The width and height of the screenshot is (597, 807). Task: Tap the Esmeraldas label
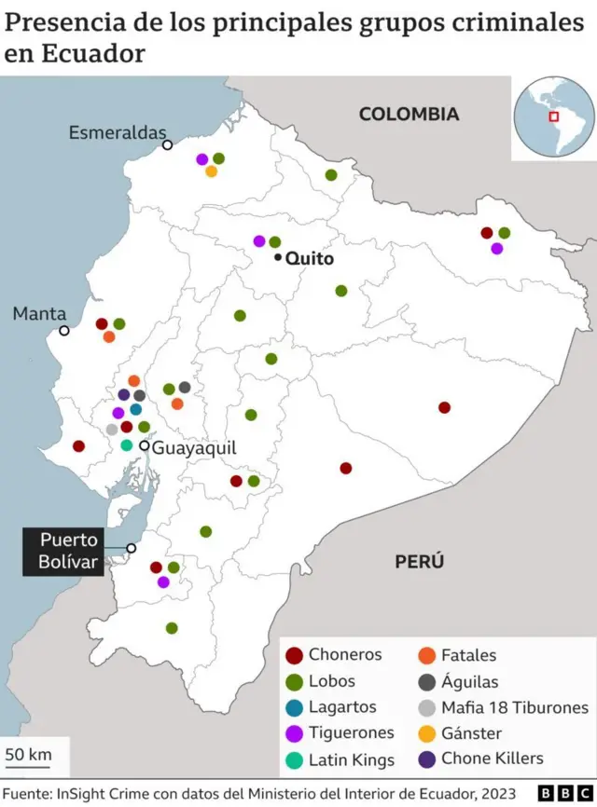click(x=117, y=133)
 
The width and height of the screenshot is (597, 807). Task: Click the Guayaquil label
click(x=194, y=447)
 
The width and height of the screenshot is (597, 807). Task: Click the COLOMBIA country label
click(x=409, y=114)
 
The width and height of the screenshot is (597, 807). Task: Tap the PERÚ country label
click(x=419, y=561)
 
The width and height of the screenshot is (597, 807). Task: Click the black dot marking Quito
click(x=278, y=257)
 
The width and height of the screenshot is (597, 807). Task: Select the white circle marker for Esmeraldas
click(x=167, y=144)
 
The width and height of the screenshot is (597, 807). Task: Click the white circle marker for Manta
click(x=64, y=330)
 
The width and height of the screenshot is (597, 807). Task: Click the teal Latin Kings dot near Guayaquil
click(x=127, y=445)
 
